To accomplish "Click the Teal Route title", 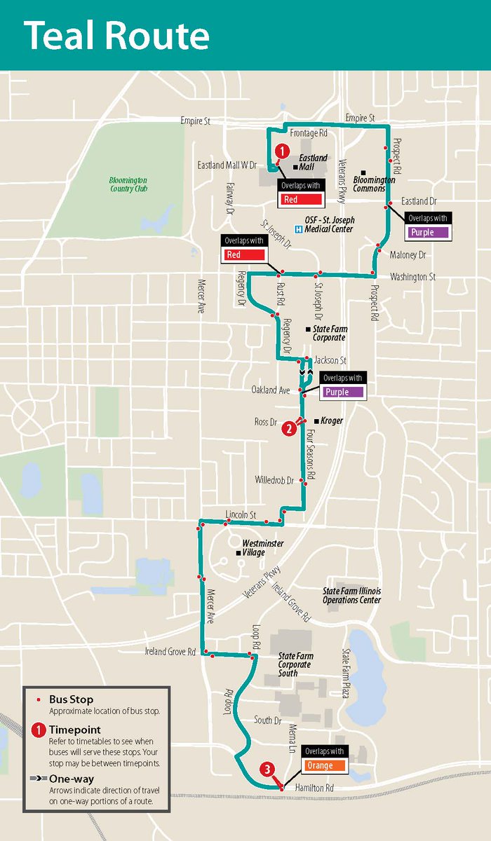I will (x=116, y=35).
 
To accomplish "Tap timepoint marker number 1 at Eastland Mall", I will (x=281, y=151).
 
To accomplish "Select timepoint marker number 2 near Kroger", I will (x=288, y=428).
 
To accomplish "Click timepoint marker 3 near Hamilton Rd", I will (x=267, y=770).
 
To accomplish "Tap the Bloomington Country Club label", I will (x=128, y=184).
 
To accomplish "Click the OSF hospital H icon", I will (x=299, y=228).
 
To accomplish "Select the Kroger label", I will (x=332, y=421).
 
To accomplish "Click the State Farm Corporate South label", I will (x=296, y=664).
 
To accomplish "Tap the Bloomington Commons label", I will (x=374, y=184).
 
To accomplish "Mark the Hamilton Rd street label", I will (x=314, y=788).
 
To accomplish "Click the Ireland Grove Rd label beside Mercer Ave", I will (x=170, y=652).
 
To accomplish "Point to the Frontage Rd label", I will (x=309, y=132).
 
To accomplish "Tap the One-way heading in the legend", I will (x=72, y=779).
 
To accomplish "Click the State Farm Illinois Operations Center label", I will (x=351, y=596).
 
